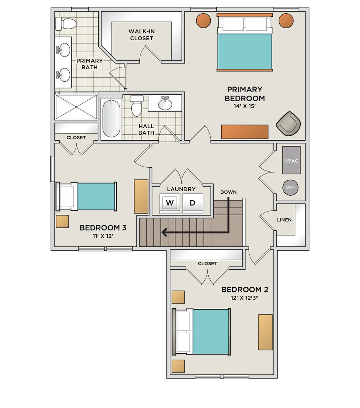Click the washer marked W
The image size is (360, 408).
(170, 203)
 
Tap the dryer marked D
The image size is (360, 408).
(192, 203)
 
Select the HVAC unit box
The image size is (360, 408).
(292, 160)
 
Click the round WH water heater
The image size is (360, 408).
(290, 187)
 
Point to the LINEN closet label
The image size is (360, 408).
(284, 220)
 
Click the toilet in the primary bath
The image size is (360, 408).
(66, 24)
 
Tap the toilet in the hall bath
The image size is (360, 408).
(137, 106)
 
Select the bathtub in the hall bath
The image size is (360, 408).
(112, 119)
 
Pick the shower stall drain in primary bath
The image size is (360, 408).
(76, 107)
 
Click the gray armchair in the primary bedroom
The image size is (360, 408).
(288, 124)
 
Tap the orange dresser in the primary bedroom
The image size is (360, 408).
(245, 132)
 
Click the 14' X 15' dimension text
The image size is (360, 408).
(245, 106)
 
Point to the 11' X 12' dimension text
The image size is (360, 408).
(103, 236)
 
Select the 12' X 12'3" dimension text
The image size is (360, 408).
(245, 298)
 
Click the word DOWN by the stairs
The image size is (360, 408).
(228, 192)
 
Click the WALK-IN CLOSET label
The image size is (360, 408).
(141, 35)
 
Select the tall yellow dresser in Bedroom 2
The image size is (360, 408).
(265, 332)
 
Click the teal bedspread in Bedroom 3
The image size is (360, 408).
(96, 196)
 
